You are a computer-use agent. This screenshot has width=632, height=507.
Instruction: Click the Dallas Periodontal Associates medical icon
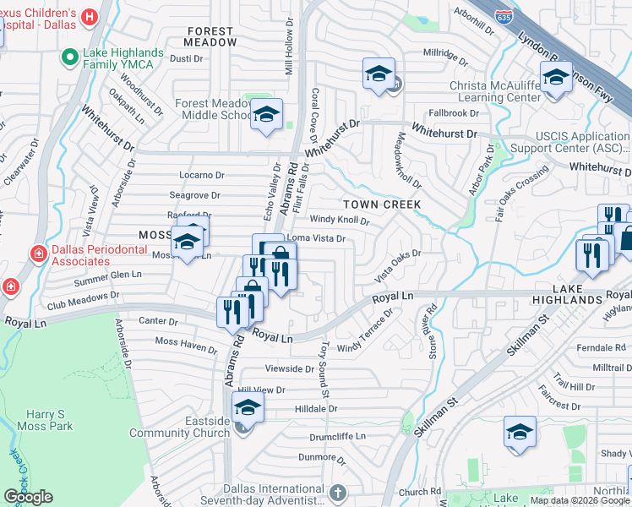tap(38, 253)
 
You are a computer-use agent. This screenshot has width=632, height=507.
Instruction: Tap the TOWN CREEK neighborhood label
tap(381, 204)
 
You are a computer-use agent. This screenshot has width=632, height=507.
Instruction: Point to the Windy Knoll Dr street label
tap(340, 221)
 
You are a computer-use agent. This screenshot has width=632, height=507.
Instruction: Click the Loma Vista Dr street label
tap(318, 239)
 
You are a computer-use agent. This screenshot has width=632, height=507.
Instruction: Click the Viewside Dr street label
tap(289, 369)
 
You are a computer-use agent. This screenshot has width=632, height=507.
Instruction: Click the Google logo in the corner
tap(29, 497)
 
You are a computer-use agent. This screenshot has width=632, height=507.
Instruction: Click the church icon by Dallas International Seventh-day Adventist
tap(337, 492)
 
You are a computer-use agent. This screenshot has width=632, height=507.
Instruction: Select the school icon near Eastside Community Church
tap(248, 407)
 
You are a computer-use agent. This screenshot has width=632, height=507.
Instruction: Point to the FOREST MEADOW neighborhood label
tap(211, 35)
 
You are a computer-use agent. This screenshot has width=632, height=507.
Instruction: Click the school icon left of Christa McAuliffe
tap(379, 74)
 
